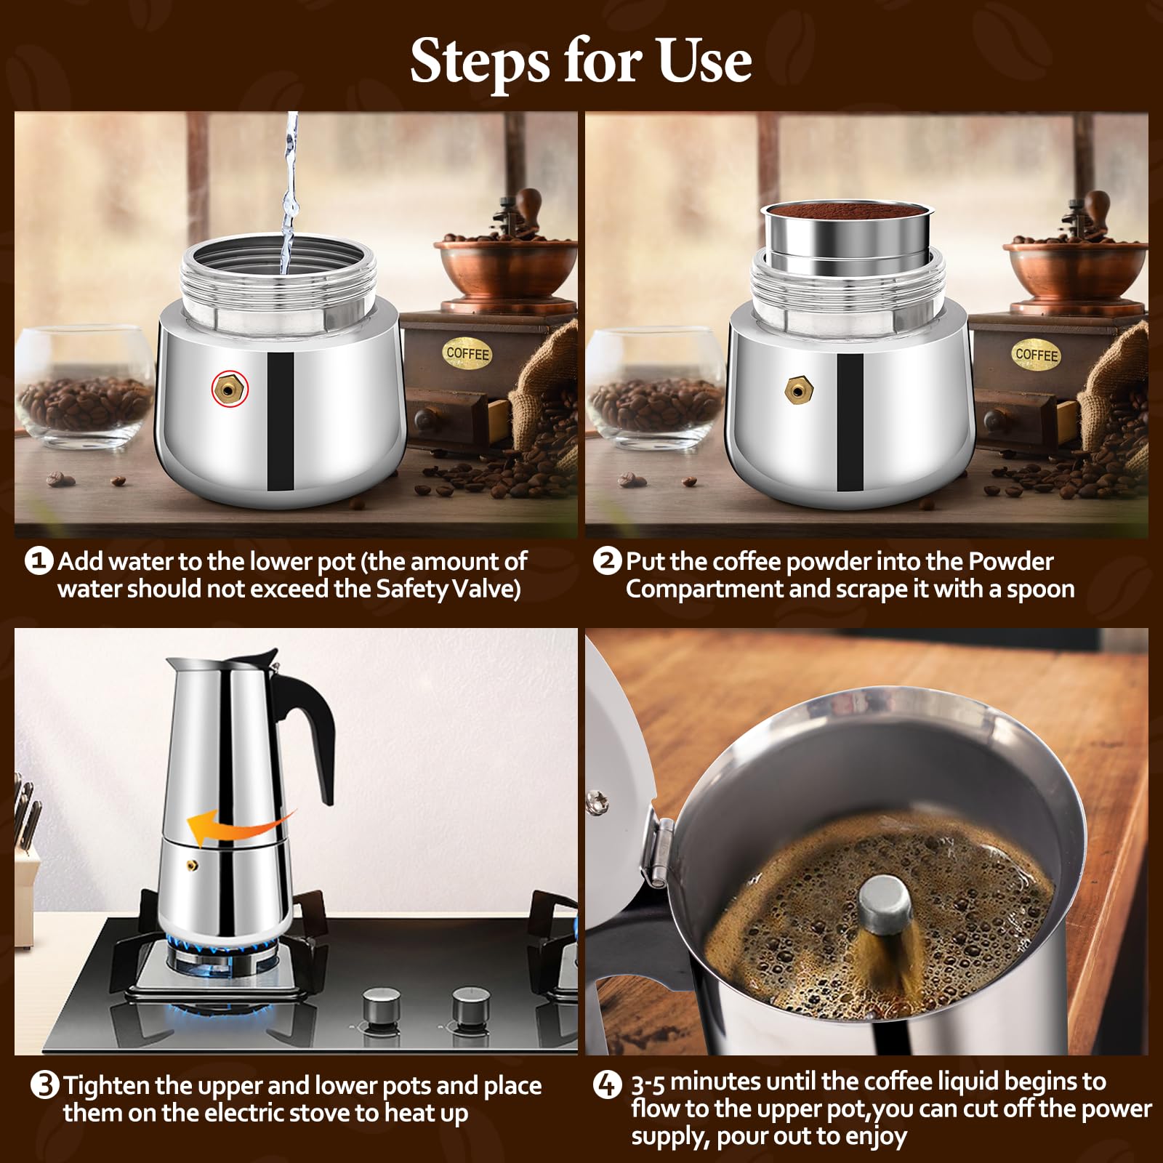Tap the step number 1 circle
pos(39,561)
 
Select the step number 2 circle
pos(607,561)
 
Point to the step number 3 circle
pos(45,1086)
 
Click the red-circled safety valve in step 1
pos(230,389)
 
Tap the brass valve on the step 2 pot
pos(799,391)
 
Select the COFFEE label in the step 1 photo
pos(467,353)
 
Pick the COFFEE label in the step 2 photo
pos(1037,355)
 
